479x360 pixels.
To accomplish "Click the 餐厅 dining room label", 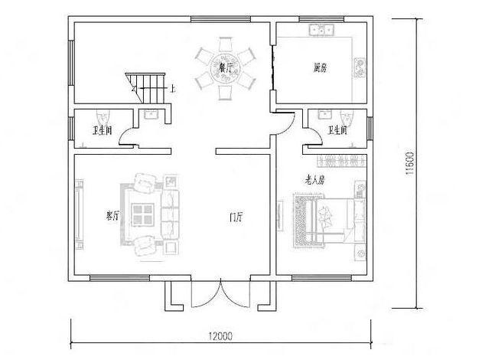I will click(x=226, y=67).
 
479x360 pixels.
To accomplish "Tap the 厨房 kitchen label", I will click(x=321, y=67).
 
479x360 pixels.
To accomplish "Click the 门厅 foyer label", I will click(x=236, y=218).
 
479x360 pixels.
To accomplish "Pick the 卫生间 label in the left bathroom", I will click(x=102, y=130).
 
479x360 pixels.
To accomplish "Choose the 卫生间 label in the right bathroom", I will click(x=337, y=131).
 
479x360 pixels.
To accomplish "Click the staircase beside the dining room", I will click(x=145, y=86).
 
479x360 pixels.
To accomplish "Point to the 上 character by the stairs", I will click(x=172, y=90).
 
